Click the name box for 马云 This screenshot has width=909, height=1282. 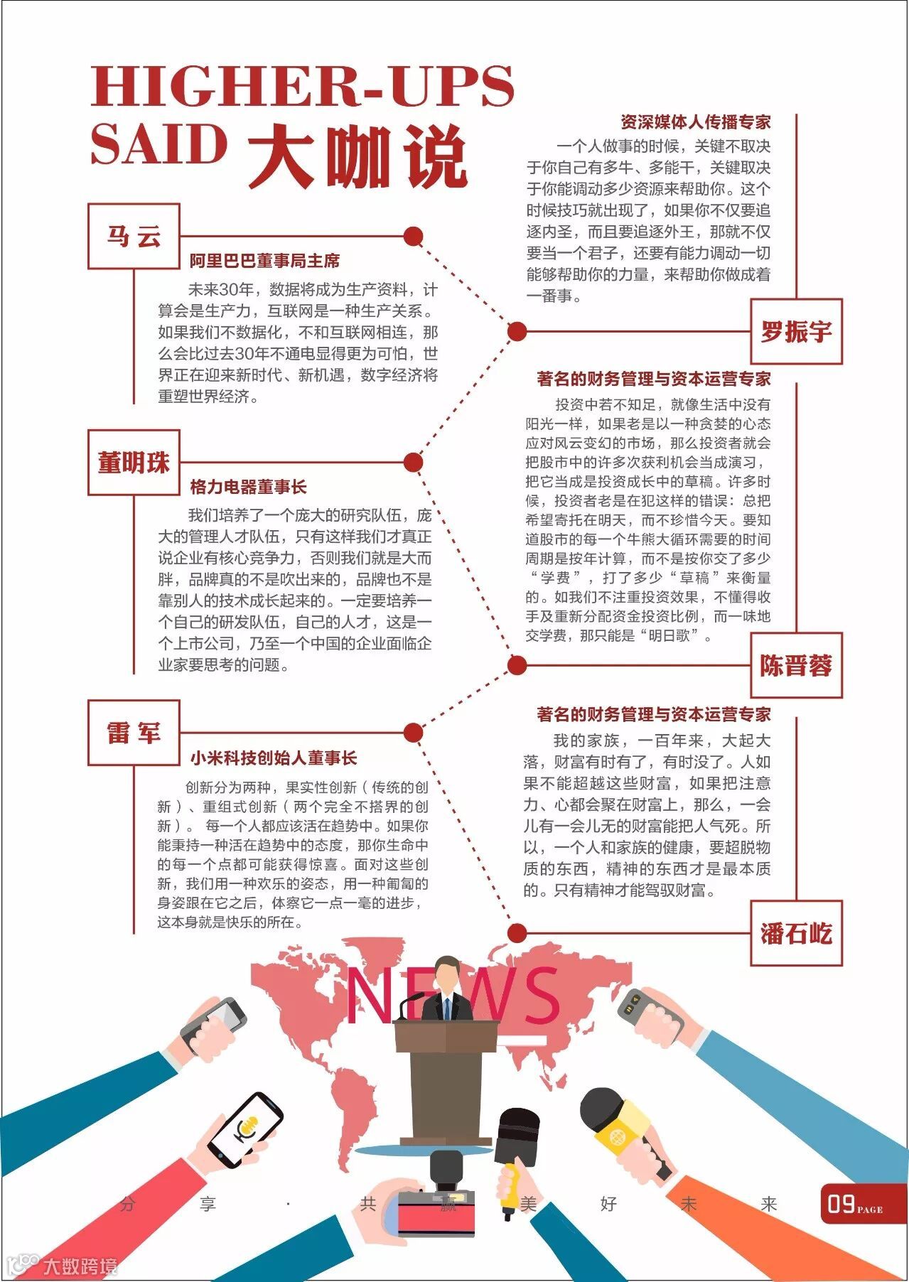[134, 236]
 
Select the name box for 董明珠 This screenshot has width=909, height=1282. [134, 462]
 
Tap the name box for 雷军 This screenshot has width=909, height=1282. [134, 732]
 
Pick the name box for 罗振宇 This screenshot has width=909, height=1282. [796, 331]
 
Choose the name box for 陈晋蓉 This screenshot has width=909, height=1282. [796, 665]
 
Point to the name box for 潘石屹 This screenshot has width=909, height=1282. [796, 932]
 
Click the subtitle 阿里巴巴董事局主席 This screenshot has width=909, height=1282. [264, 261]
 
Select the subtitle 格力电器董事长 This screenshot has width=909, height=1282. [248, 487]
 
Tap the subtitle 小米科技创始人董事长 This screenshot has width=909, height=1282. [273, 758]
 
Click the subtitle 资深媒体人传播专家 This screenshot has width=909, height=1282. [695, 122]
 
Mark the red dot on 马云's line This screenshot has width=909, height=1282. [413, 236]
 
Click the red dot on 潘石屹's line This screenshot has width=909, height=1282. [517, 932]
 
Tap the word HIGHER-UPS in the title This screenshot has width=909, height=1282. [302, 85]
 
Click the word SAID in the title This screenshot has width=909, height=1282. [158, 144]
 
